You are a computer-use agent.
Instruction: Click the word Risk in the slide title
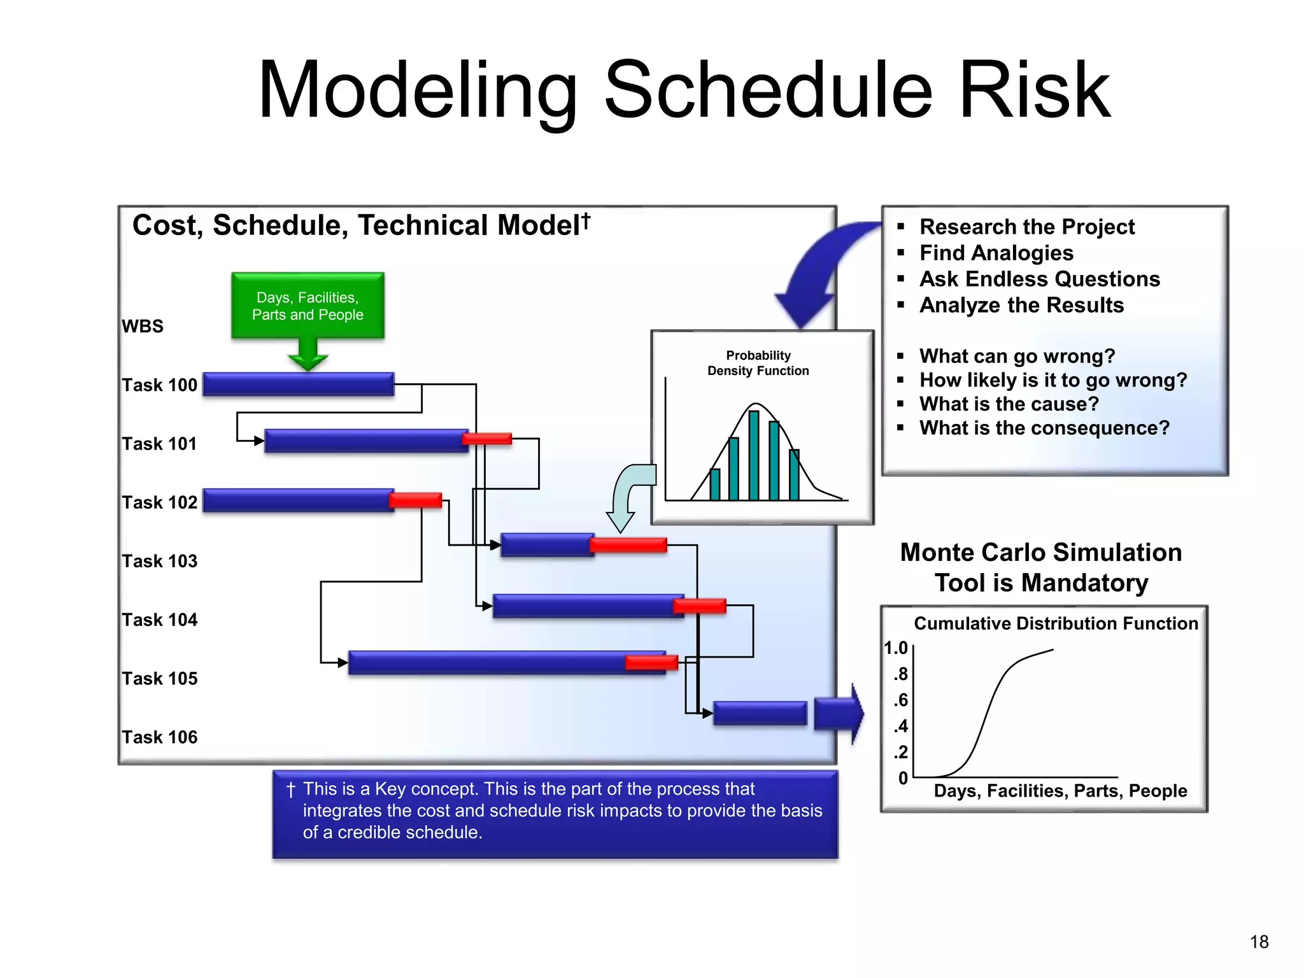pos(1034,91)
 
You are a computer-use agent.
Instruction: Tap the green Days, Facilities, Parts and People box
pos(308,306)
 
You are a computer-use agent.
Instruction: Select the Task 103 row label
pos(160,561)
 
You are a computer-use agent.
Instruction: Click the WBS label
pos(143,326)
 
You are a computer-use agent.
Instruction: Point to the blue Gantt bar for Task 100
pos(298,385)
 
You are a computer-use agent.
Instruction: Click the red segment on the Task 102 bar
pos(415,500)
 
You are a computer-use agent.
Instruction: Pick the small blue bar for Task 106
pos(760,713)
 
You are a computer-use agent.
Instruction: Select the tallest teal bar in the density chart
pos(754,455)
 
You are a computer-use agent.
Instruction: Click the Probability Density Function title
pos(758,363)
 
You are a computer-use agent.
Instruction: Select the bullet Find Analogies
pos(996,253)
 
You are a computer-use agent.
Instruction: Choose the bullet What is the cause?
pos(1009,404)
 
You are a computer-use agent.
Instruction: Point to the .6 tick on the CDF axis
pos(900,700)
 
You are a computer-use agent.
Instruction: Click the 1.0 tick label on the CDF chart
pos(895,648)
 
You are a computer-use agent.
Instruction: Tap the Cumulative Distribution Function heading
pos(1056,623)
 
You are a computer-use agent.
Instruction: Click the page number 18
pos(1259,942)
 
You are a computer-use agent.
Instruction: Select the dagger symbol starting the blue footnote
pos(291,790)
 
